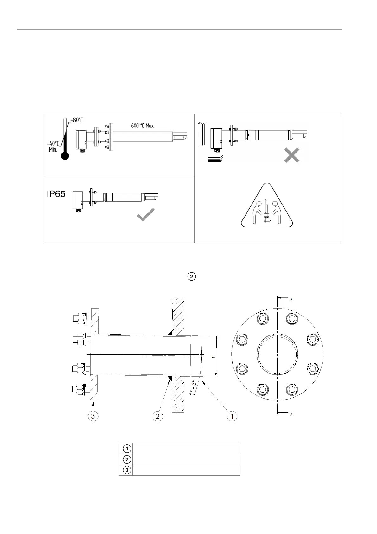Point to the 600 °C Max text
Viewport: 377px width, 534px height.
coord(142,126)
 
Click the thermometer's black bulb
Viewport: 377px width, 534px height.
coord(65,156)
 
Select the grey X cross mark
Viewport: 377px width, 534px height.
coord(291,156)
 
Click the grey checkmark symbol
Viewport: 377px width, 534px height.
coord(146,215)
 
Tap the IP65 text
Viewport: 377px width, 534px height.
coord(56,194)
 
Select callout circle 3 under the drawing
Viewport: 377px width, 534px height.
coord(93,416)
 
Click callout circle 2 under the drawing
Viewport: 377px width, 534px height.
coord(158,416)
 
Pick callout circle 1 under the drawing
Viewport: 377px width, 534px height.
coord(232,416)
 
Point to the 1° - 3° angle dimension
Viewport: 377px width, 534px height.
coord(192,387)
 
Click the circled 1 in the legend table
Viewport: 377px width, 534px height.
coord(127,449)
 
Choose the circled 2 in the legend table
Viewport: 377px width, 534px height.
coord(127,459)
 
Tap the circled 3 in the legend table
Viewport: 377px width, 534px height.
coord(127,470)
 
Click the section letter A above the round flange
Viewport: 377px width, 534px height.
coord(291,299)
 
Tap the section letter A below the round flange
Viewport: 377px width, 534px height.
coord(291,414)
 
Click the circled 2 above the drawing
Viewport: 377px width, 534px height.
coord(192,277)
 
